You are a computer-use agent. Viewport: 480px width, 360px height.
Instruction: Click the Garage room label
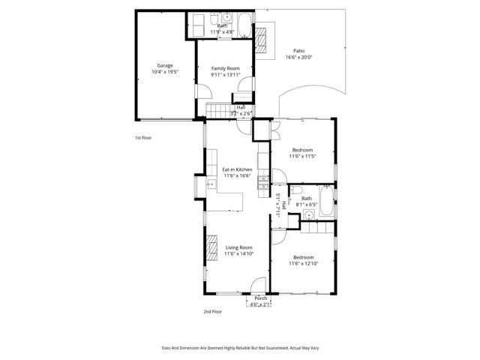click(164, 65)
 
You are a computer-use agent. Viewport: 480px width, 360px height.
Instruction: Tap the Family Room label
click(225, 68)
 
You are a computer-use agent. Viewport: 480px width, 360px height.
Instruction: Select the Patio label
click(298, 50)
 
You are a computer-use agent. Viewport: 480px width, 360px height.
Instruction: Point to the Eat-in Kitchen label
click(237, 169)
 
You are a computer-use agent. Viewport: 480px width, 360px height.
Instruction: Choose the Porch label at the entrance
click(260, 298)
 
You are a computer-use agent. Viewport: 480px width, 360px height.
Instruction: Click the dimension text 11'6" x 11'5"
click(303, 156)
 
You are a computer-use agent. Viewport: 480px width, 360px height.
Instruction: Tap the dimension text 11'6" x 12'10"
click(304, 263)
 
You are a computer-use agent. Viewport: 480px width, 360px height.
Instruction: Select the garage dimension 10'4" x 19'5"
click(165, 72)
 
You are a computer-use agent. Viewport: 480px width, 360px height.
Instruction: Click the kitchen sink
click(201, 185)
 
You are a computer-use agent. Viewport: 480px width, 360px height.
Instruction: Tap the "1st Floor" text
click(143, 138)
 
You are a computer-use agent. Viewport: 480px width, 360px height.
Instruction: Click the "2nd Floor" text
click(213, 311)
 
